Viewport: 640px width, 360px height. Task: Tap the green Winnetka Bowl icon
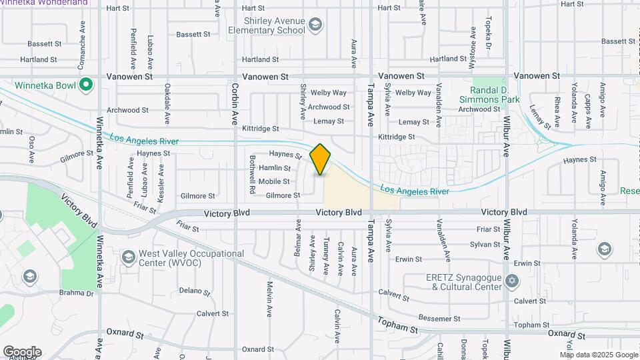(85, 85)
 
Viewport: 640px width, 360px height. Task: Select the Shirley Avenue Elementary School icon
(315, 26)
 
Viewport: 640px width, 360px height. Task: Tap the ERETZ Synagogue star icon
(511, 281)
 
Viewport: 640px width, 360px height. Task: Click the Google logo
(22, 352)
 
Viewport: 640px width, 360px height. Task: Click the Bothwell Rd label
(253, 175)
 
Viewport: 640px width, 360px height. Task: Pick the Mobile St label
(274, 181)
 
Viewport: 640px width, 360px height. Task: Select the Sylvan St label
(485, 245)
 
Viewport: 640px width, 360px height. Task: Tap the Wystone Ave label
(473, 41)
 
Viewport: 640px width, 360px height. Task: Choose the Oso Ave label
(31, 150)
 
